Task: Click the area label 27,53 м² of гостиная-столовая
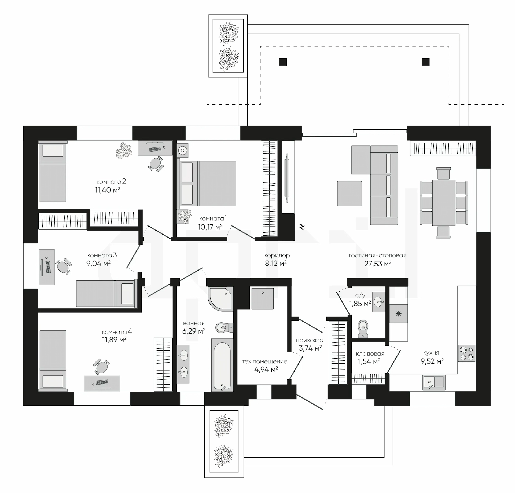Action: point(378,264)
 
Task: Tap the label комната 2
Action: point(111,182)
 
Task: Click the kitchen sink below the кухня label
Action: point(434,382)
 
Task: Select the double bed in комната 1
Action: point(207,183)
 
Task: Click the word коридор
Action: point(277,255)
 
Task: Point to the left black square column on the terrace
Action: point(283,62)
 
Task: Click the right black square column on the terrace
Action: point(425,62)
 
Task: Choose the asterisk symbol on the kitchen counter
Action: point(398,313)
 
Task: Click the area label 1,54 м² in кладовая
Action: point(369,361)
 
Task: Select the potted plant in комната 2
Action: point(124,150)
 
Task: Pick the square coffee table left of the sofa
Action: point(350,193)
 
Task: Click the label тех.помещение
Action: point(264,361)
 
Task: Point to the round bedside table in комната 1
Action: point(183,150)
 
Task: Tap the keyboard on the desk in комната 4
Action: point(102,382)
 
